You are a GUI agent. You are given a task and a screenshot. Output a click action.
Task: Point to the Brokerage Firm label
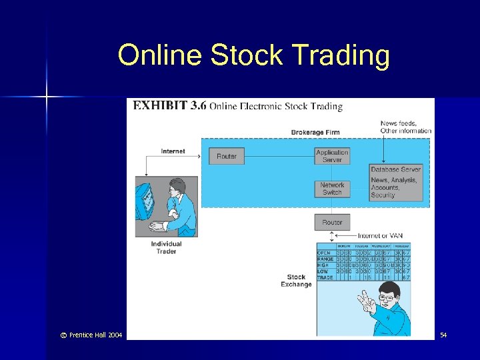(x=315, y=133)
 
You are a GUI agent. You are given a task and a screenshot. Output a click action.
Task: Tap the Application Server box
(x=332, y=156)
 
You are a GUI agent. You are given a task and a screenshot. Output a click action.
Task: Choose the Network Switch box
(x=332, y=189)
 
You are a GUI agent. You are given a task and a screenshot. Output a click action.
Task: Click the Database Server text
(x=396, y=169)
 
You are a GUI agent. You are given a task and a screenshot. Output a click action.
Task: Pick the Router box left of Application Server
(x=227, y=156)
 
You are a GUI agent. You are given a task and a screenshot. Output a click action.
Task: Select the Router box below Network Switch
(x=332, y=222)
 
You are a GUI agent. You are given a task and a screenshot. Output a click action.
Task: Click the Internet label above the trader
(x=173, y=151)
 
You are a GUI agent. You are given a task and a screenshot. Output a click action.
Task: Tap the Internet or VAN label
(x=380, y=235)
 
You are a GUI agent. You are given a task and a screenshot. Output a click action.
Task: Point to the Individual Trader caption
(x=166, y=247)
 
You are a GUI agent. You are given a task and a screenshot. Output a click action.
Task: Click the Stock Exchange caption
(x=296, y=281)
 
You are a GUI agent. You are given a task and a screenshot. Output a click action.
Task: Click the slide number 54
(x=443, y=334)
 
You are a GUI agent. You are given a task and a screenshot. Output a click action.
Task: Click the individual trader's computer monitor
(x=145, y=199)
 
